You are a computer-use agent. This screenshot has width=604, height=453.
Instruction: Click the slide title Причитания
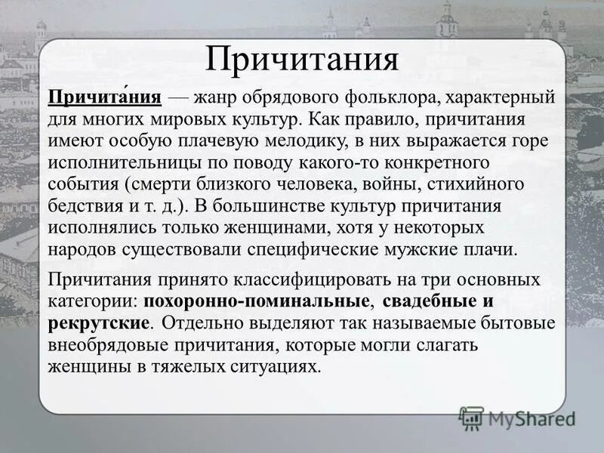(302, 60)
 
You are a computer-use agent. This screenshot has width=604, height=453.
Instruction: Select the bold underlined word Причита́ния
(105, 99)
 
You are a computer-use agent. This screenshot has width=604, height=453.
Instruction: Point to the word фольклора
(390, 99)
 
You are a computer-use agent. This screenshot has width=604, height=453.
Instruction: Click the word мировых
(180, 120)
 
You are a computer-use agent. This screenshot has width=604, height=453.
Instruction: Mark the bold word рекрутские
(100, 322)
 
